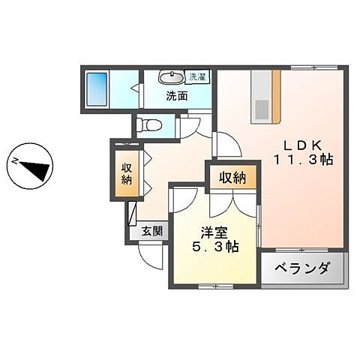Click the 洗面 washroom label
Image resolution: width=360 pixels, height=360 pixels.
click(x=177, y=96)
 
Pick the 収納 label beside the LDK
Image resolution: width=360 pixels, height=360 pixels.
click(x=233, y=178)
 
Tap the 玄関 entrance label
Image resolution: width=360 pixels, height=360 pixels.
click(x=151, y=232)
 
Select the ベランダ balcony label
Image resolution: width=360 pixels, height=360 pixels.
click(x=302, y=268)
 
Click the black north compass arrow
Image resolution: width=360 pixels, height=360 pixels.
click(x=32, y=166)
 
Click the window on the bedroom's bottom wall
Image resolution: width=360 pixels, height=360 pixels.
click(x=214, y=286)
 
